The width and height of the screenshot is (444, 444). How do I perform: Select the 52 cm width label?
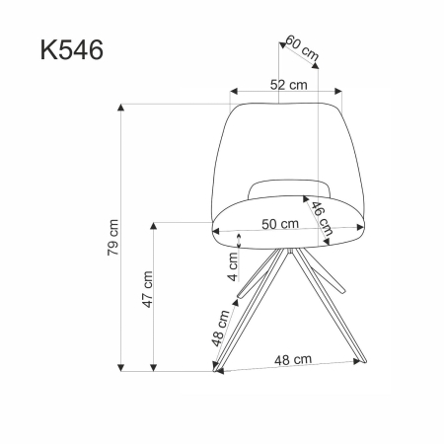click(286, 85)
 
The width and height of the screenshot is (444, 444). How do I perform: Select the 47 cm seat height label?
click(146, 288)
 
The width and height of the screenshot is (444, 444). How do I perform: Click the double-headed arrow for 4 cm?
click(243, 243)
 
